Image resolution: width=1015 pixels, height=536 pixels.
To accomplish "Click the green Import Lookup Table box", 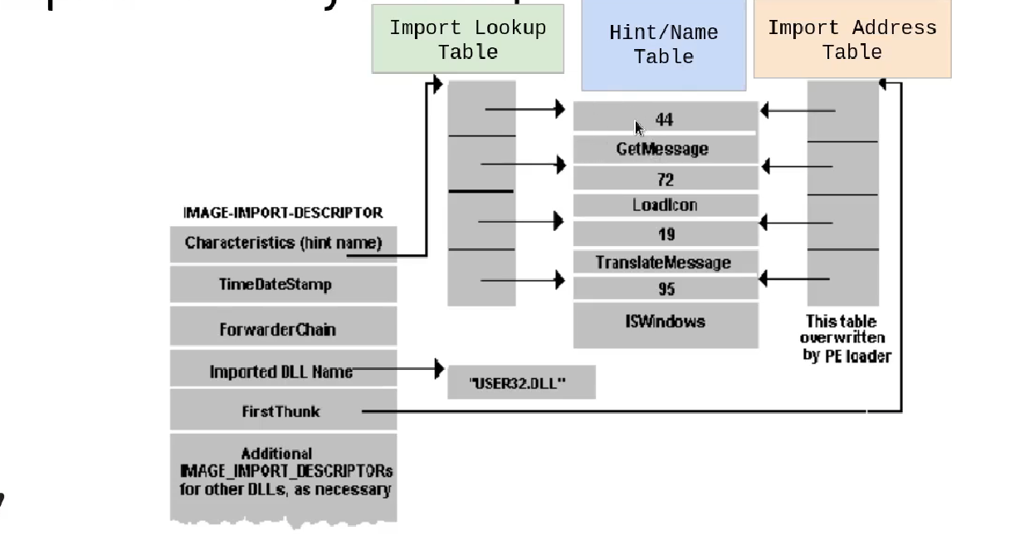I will pos(467,39).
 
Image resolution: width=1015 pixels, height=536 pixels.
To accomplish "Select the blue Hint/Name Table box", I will pos(663,45).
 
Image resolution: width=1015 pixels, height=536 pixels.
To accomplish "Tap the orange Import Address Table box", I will pos(852,39).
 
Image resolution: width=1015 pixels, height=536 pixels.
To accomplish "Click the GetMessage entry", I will pos(662,149).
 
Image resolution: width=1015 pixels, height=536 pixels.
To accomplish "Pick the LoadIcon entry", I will pos(665,204).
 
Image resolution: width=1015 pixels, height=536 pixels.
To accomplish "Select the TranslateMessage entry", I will pos(663,263).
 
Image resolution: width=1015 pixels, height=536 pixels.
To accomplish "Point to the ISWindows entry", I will pos(665,321).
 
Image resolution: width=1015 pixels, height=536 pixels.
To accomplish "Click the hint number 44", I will pos(664,120).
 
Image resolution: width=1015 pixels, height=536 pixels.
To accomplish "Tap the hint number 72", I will pos(665,179).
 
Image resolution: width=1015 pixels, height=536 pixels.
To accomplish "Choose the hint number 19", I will pos(665,234).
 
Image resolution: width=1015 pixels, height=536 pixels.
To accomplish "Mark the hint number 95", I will pos(666,289).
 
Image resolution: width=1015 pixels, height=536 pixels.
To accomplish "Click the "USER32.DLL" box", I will pos(520,383).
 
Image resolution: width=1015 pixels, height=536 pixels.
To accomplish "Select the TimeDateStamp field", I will pos(276,284).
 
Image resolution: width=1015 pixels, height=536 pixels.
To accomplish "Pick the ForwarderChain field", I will pos(277,329).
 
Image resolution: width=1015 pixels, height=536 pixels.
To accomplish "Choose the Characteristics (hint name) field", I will pos(282,243).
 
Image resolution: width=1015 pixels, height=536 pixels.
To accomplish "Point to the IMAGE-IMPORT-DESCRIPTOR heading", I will pos(283,213).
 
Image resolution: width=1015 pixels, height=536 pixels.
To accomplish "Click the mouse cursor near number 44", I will pos(639,128).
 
